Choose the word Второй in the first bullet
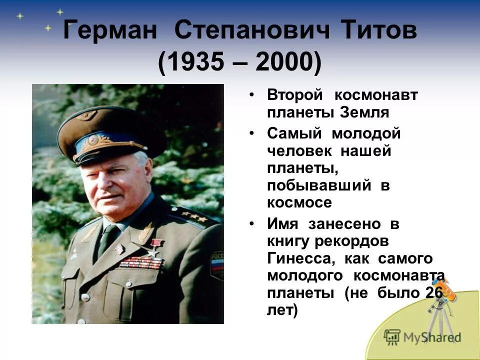(x=294, y=94)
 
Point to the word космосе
(x=299, y=202)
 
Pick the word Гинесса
(x=295, y=258)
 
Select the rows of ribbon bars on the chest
(x=141, y=262)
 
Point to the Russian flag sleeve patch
(x=217, y=264)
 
